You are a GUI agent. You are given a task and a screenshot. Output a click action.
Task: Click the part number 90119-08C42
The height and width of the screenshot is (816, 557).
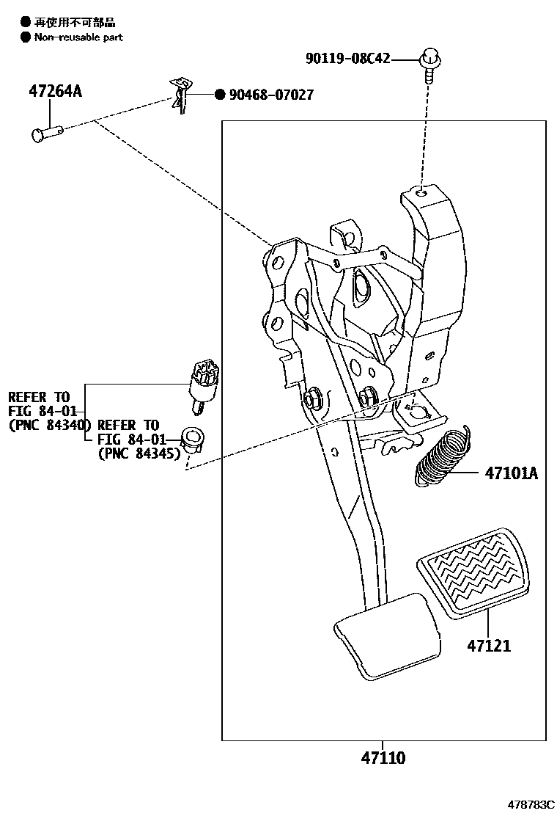coord(349,59)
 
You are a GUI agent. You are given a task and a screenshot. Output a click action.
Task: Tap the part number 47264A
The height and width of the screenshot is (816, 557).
coord(55,92)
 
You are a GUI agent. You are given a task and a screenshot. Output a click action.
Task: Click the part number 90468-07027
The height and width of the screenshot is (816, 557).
coord(271,95)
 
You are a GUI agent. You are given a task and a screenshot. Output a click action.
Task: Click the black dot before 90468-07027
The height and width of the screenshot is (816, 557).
coord(219,95)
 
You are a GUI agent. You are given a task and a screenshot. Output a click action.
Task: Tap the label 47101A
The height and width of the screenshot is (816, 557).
coord(510,473)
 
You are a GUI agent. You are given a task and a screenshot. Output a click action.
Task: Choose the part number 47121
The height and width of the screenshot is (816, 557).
coord(489,646)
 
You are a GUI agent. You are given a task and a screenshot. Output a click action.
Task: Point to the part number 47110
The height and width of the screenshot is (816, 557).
coord(382,758)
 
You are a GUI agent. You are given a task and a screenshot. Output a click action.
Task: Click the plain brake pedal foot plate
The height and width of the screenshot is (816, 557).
coord(387,635)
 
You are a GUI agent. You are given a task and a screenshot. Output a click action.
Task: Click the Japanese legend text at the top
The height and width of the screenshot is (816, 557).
coord(75,23)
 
